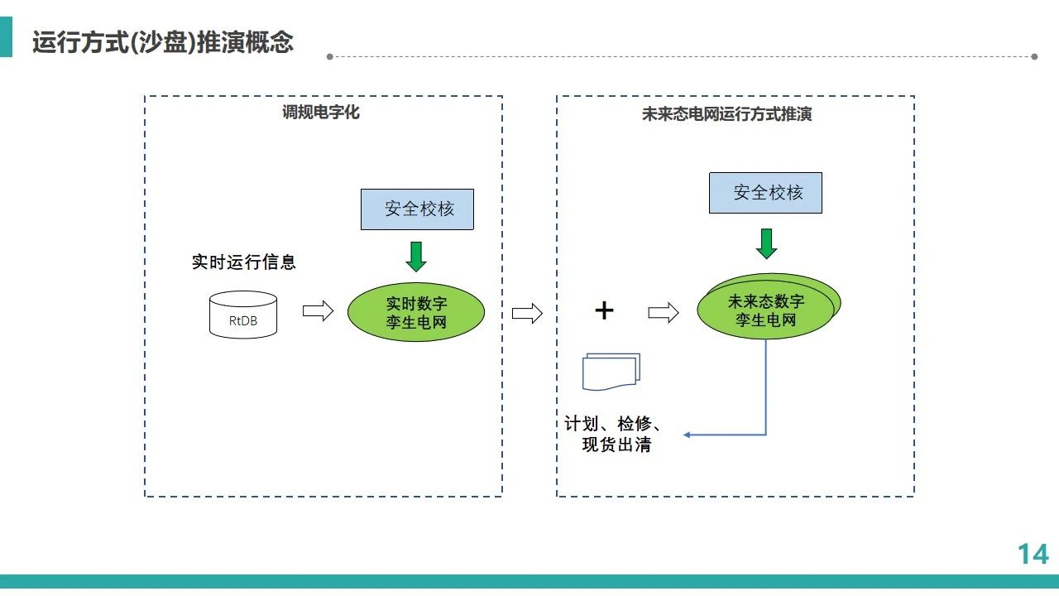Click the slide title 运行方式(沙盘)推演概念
click(163, 42)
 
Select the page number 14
click(1033, 554)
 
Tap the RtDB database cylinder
click(243, 315)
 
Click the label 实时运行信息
click(243, 262)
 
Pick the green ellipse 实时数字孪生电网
click(416, 312)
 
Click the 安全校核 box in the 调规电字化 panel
click(417, 209)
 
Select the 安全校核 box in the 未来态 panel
click(765, 193)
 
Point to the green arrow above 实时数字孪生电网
click(416, 257)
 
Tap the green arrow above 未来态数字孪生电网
click(766, 243)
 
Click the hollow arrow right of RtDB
click(319, 310)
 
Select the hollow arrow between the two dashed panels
click(527, 313)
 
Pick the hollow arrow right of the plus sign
click(664, 313)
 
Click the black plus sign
click(604, 310)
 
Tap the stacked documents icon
click(611, 372)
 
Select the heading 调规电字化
click(321, 112)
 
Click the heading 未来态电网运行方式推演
click(726, 114)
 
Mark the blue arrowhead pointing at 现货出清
click(687, 435)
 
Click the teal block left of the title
click(6, 37)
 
